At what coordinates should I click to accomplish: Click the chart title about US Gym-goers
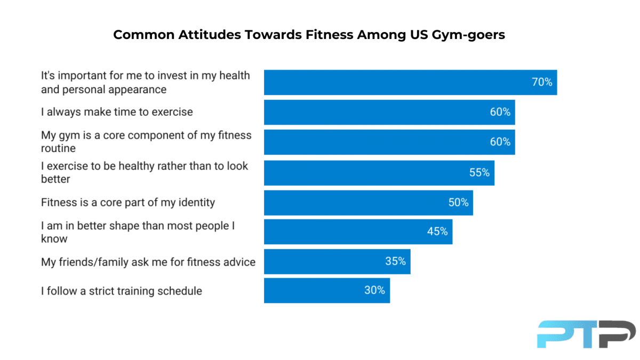(309, 35)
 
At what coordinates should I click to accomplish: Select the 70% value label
(542, 83)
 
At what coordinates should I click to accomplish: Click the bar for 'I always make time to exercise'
(389, 112)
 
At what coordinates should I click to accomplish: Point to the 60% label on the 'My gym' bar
(500, 142)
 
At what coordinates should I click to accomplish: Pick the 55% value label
(479, 173)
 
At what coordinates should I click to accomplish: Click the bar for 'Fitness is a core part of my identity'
(368, 203)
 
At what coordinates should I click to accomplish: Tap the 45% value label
(437, 231)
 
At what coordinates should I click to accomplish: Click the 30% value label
(374, 291)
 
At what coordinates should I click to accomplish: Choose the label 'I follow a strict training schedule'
(122, 291)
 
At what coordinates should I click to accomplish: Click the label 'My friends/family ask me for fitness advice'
(148, 262)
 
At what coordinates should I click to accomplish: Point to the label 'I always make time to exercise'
(117, 112)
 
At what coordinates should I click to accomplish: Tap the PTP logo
(586, 334)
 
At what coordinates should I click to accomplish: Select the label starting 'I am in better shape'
(138, 232)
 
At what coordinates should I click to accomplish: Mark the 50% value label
(458, 203)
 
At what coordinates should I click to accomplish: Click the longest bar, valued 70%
(410, 83)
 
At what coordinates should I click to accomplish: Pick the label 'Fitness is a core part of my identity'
(128, 203)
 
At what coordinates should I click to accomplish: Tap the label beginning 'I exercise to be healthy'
(145, 172)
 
